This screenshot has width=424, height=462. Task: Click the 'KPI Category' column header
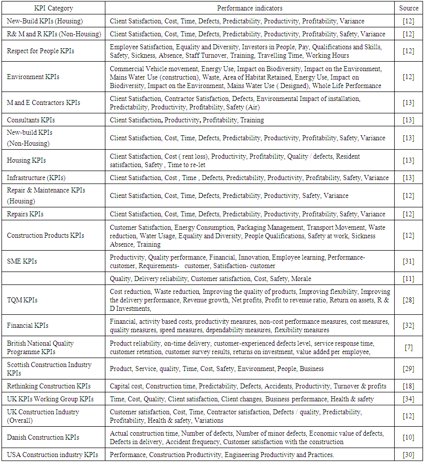click(53, 8)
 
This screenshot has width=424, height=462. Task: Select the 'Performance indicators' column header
click(250, 8)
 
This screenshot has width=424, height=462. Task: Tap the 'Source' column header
click(409, 8)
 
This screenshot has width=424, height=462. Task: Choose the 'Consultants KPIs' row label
click(31, 120)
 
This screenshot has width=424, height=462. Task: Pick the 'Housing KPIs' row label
click(26, 160)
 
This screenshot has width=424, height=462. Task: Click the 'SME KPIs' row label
click(22, 261)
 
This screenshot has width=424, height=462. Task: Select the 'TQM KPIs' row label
click(22, 300)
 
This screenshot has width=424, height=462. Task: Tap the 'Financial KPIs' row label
click(28, 326)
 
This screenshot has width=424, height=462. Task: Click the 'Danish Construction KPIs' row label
click(43, 438)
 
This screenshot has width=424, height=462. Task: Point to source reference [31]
click(409, 261)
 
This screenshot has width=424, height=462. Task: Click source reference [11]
click(409, 279)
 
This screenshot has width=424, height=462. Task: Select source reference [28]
click(409, 300)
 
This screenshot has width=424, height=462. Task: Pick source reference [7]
click(409, 348)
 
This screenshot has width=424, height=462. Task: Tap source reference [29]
click(409, 369)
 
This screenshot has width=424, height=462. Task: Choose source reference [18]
click(409, 386)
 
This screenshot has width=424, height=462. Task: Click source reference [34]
click(409, 399)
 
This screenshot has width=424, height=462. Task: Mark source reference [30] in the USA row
click(409, 455)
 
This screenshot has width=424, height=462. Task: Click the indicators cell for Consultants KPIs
click(187, 120)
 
